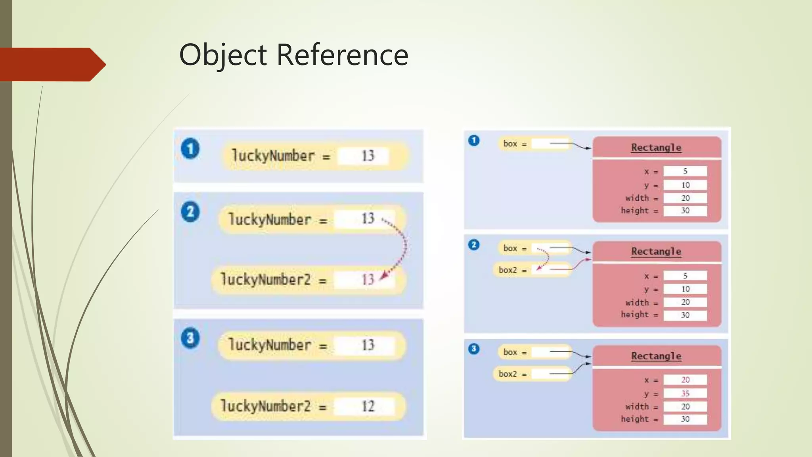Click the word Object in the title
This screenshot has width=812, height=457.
223,55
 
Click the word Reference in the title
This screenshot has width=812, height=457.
342,55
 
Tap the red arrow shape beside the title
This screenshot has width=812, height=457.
52,64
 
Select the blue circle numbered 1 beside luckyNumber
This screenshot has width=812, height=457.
190,149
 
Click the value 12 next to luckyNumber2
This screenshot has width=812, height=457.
368,406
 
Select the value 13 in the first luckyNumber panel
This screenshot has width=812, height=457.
368,156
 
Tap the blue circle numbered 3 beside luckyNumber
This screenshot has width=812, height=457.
190,338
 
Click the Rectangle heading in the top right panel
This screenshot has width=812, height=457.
656,148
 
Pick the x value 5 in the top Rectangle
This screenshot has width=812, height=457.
685,171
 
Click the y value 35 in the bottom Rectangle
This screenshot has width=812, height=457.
685,393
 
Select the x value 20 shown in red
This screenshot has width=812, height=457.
685,380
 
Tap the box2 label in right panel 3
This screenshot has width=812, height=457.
508,374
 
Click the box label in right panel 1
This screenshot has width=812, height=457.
510,144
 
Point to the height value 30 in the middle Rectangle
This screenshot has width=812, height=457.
685,315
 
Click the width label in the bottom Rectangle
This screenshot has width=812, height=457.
637,407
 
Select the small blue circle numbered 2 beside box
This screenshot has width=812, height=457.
474,245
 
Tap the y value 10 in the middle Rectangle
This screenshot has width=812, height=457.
685,289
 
